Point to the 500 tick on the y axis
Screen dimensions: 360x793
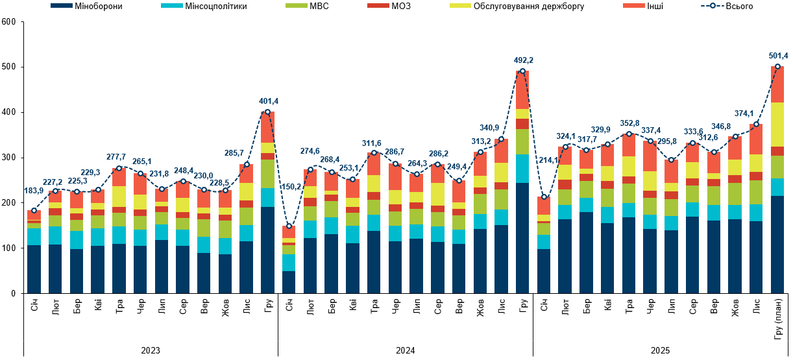8,67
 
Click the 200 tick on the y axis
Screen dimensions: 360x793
8,203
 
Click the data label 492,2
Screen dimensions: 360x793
522,60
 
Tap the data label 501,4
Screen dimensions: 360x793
777,56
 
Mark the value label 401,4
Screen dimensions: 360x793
267,101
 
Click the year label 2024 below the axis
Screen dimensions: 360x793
406,350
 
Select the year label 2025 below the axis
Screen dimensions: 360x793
661,350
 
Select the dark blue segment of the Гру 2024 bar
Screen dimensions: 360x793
522,237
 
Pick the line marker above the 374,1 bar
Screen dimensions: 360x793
756,124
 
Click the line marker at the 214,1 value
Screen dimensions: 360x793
544,197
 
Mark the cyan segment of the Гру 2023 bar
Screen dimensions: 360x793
267,197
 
